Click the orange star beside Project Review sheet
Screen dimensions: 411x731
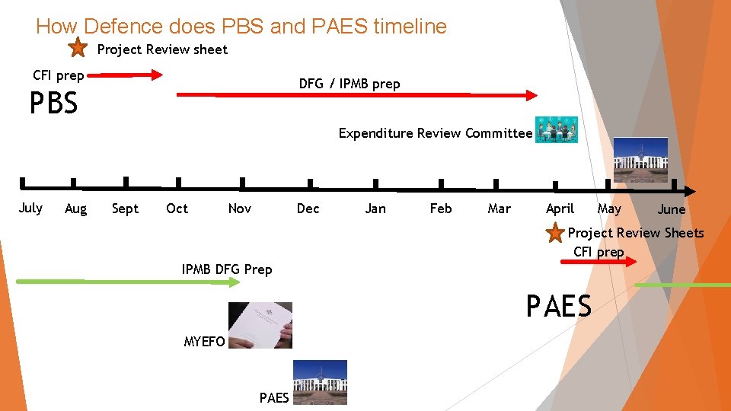(78, 49)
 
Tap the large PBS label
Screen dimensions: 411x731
(53, 104)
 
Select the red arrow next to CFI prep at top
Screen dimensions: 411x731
(131, 75)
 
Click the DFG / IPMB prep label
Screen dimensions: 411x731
(350, 84)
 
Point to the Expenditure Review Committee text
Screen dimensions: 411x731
(435, 133)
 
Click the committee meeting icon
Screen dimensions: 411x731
(556, 130)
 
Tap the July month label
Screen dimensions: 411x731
(30, 208)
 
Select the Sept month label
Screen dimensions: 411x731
(125, 209)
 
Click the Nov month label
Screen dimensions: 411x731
(239, 209)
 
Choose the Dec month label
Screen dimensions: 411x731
(308, 209)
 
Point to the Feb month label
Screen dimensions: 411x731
(441, 209)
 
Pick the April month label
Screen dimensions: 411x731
(560, 209)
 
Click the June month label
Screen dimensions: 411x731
(671, 209)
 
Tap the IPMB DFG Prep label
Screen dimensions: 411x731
(227, 269)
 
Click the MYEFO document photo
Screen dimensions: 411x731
(260, 325)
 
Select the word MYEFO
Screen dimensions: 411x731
(204, 342)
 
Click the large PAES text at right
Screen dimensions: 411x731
(558, 306)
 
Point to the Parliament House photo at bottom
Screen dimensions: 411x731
(320, 381)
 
